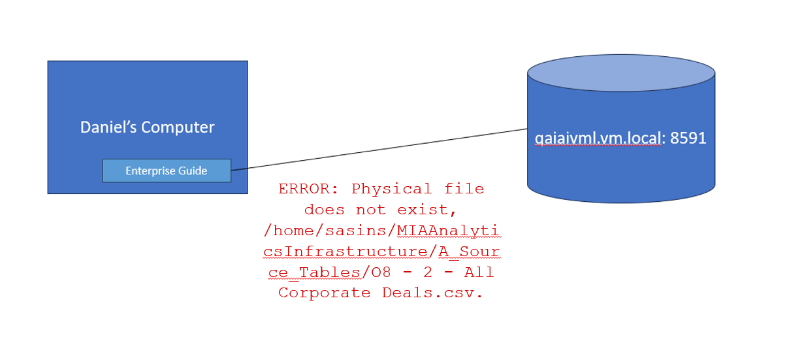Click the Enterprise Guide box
(167, 171)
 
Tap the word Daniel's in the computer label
(108, 127)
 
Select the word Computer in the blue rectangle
(178, 128)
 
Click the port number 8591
(688, 138)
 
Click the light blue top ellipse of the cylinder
(621, 73)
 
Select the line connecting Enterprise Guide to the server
(379, 150)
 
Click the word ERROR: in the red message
(309, 189)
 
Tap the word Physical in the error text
(391, 189)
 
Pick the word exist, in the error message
(426, 210)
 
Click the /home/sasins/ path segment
(330, 231)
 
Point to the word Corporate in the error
(325, 293)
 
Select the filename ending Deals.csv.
(433, 293)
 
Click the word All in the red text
(479, 272)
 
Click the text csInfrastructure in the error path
(345, 252)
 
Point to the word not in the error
(370, 210)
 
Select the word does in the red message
(325, 210)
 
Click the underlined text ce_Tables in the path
(315, 272)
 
